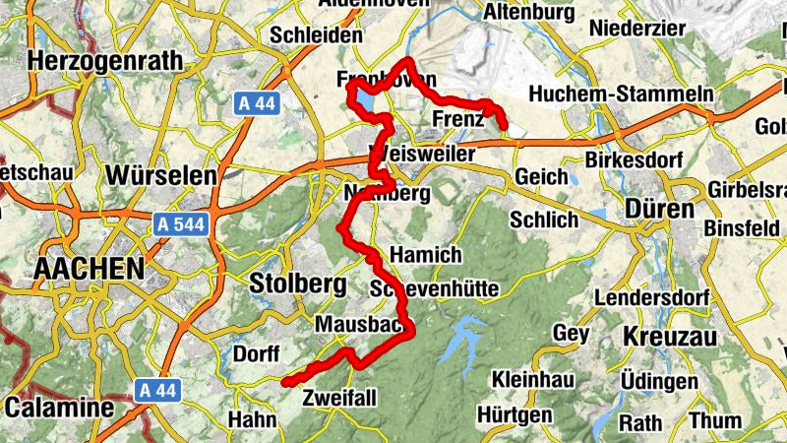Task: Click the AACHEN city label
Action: (89, 268)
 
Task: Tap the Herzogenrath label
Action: (106, 60)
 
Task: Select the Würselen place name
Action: (159, 175)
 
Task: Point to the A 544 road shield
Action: (180, 225)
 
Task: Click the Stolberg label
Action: (298, 285)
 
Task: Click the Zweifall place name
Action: (341, 399)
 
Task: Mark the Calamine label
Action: (59, 407)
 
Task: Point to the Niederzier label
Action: (636, 29)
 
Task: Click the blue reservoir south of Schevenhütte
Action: (455, 343)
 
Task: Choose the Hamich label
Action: (425, 254)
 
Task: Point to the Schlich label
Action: (543, 219)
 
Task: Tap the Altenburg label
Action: (528, 12)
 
